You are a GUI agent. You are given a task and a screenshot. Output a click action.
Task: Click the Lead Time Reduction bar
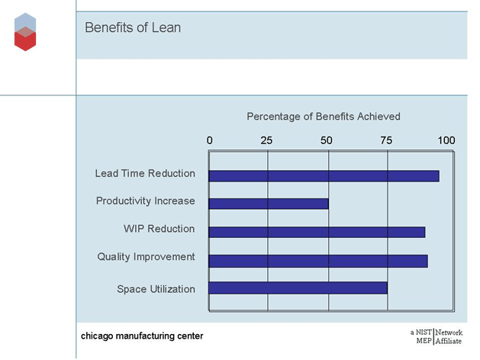click(324, 175)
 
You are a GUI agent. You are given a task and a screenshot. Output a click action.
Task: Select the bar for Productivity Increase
click(269, 204)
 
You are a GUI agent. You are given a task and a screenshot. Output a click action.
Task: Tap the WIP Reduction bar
click(317, 232)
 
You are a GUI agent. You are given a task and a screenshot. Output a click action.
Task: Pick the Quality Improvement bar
click(317, 260)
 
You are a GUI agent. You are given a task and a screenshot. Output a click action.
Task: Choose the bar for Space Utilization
click(298, 288)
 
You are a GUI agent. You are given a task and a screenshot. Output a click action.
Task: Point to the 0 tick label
click(210, 140)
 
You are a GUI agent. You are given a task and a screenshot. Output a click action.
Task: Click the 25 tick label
click(266, 140)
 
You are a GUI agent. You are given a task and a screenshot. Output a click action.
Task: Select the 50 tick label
click(327, 140)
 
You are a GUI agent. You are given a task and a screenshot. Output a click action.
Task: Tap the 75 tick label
click(386, 140)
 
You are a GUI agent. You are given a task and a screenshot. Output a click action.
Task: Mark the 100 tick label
click(446, 140)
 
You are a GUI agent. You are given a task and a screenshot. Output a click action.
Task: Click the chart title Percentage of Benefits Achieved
click(324, 117)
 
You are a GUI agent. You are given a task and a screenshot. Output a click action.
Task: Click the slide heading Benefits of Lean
click(133, 28)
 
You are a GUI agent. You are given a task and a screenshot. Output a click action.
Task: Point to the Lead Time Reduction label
click(145, 173)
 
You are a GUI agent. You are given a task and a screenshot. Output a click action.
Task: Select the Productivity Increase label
click(146, 201)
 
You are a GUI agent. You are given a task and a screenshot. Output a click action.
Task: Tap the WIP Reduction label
click(159, 229)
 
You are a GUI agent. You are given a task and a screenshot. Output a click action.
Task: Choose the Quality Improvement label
click(147, 257)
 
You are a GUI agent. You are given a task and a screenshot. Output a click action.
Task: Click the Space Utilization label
click(156, 289)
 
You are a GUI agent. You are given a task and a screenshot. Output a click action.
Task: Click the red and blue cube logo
click(25, 32)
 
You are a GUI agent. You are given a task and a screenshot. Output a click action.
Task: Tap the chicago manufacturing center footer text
click(143, 336)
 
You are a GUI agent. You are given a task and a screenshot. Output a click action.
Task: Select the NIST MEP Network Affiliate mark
click(436, 336)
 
